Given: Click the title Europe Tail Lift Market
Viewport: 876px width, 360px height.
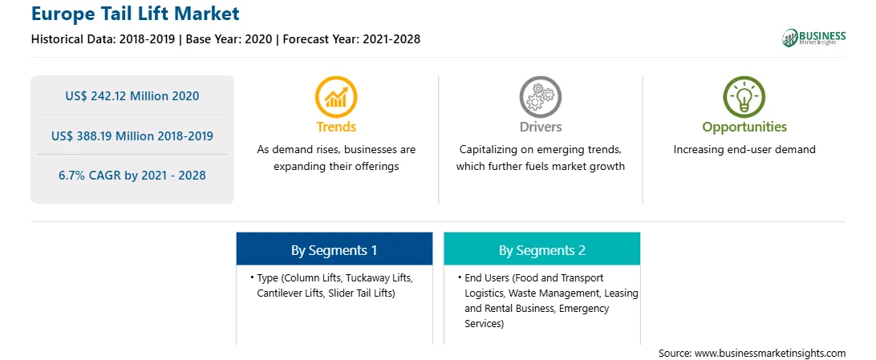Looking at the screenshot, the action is [x=136, y=14].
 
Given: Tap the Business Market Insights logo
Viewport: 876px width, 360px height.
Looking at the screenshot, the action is [x=813, y=38].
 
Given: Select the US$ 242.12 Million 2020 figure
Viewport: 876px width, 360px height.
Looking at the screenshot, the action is [x=132, y=95].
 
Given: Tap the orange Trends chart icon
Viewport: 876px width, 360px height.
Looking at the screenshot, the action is [x=336, y=96].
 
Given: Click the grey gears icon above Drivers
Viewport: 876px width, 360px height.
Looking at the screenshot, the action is [x=540, y=96].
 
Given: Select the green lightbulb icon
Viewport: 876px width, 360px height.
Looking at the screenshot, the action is [x=744, y=96].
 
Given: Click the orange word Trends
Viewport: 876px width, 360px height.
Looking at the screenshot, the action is [x=336, y=127].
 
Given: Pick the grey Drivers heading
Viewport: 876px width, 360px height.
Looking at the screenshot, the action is [x=541, y=127].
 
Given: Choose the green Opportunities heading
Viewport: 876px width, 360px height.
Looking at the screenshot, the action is [x=744, y=127].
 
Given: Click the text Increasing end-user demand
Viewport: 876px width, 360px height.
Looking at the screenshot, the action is [x=744, y=150].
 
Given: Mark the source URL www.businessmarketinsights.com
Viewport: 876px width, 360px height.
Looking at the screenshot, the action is [x=770, y=353].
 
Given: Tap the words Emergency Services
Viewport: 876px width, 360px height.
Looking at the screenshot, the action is [x=537, y=316].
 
